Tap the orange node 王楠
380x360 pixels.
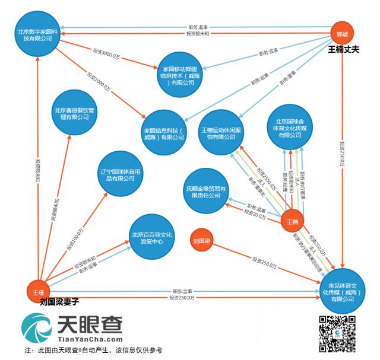pyautogui.click(x=292, y=221)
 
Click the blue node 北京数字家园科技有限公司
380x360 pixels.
pyautogui.click(x=38, y=34)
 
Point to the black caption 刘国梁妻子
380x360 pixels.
pyautogui.click(x=60, y=301)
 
